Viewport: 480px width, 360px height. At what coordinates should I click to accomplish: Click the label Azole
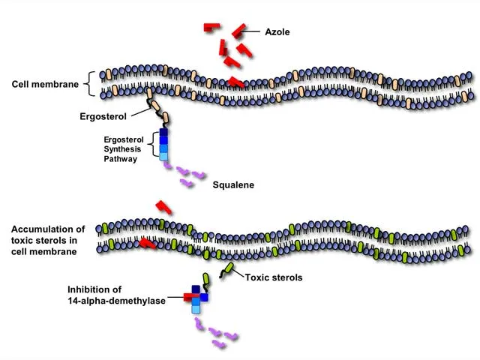click(277, 32)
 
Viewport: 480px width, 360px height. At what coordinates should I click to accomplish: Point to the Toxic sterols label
click(273, 277)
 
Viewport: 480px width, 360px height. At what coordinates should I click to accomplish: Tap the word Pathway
click(120, 158)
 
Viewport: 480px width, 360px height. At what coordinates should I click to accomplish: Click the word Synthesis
click(122, 149)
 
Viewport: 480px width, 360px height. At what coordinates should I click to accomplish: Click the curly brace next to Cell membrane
click(91, 84)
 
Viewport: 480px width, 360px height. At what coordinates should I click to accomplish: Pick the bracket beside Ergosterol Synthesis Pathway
click(154, 144)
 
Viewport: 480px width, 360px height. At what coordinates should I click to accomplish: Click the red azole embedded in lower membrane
click(148, 243)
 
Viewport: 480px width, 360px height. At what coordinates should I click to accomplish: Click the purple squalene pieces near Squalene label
click(190, 177)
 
